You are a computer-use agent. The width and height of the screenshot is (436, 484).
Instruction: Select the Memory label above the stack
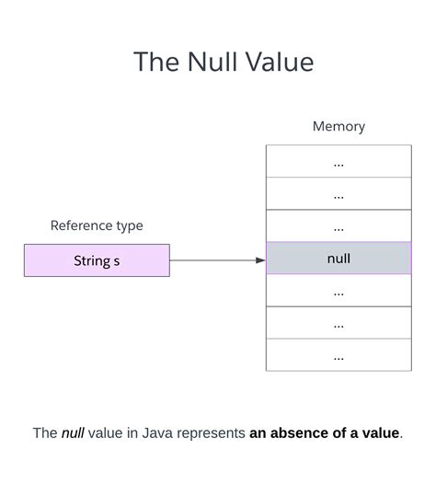(338, 127)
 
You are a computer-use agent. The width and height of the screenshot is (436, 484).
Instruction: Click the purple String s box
(97, 260)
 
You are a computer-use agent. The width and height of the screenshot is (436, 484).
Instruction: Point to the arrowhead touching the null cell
(260, 260)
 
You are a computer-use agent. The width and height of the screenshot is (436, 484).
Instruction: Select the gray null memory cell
(338, 259)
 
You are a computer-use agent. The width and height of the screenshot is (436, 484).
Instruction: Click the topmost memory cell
(338, 162)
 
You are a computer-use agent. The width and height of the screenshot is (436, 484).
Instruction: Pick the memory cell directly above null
(338, 226)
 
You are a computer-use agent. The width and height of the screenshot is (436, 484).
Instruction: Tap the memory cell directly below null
(338, 291)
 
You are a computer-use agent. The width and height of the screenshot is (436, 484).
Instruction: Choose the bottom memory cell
(338, 355)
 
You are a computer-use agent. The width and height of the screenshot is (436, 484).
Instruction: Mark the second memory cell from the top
(338, 194)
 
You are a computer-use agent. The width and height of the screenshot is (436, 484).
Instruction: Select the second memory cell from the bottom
(338, 323)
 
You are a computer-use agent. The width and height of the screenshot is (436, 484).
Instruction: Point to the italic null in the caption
(73, 433)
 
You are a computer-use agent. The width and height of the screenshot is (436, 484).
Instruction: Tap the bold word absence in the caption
(301, 433)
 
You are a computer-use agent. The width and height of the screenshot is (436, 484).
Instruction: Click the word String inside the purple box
(91, 260)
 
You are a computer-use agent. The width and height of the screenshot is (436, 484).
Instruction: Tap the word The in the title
(154, 62)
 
